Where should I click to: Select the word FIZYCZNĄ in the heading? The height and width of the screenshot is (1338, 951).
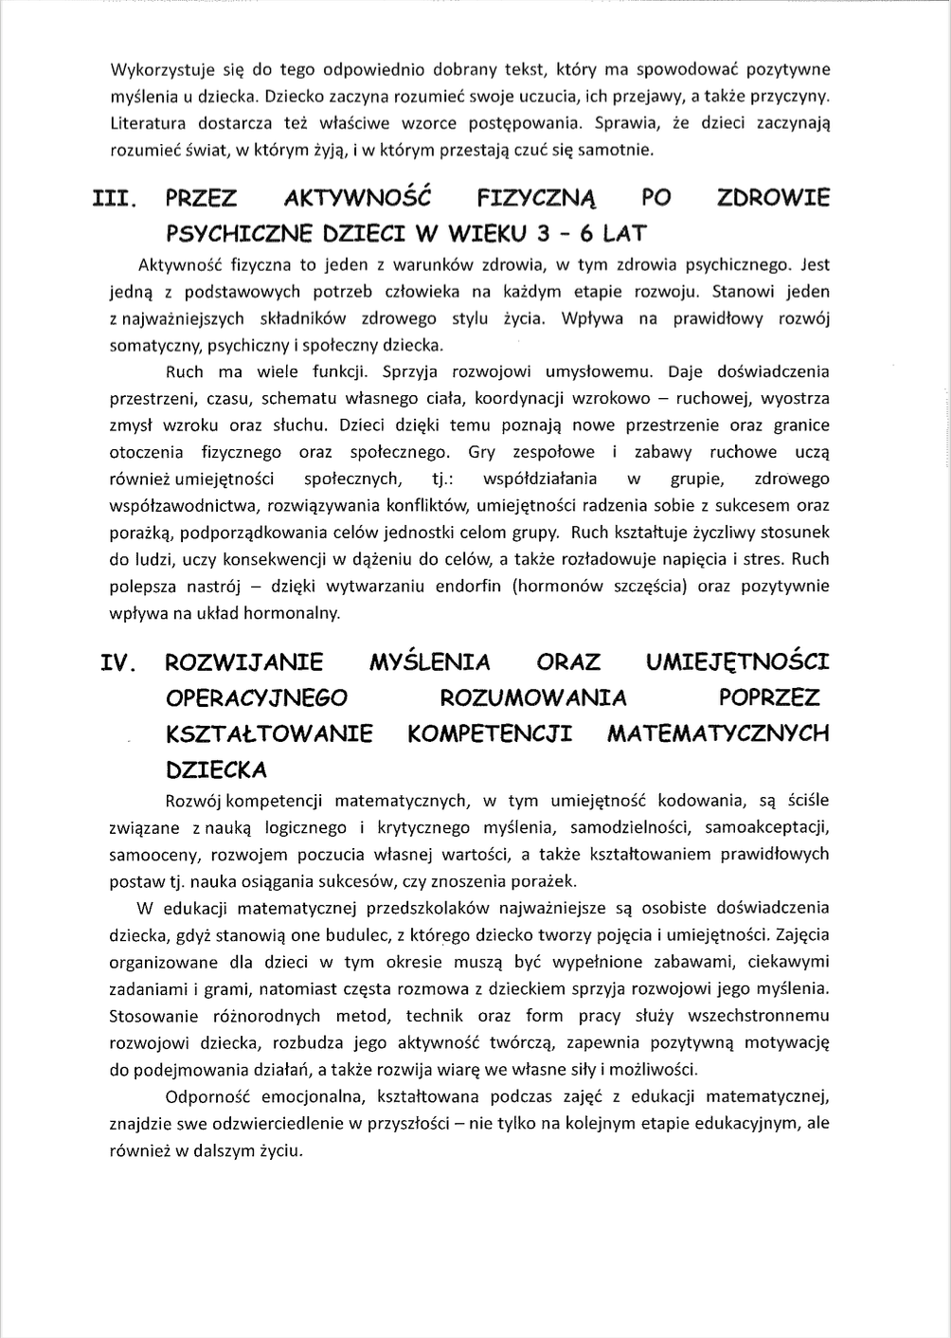click(x=535, y=199)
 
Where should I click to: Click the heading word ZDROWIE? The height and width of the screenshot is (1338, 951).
click(x=773, y=198)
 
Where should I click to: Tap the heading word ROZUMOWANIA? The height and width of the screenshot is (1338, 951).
click(x=533, y=698)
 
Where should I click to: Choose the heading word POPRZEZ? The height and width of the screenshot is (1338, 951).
click(x=769, y=698)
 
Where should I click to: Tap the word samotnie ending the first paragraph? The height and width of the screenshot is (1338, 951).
click(x=619, y=150)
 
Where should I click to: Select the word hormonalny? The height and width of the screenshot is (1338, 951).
click(x=291, y=613)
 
